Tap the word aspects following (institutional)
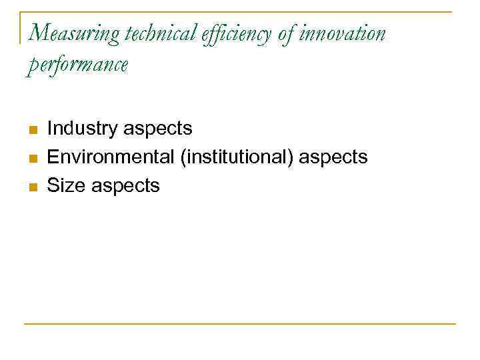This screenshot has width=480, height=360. tap(334, 158)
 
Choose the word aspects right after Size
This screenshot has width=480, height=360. tap(126, 187)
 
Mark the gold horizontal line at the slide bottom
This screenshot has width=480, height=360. tap(240, 324)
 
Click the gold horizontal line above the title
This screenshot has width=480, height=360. tap(240, 11)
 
